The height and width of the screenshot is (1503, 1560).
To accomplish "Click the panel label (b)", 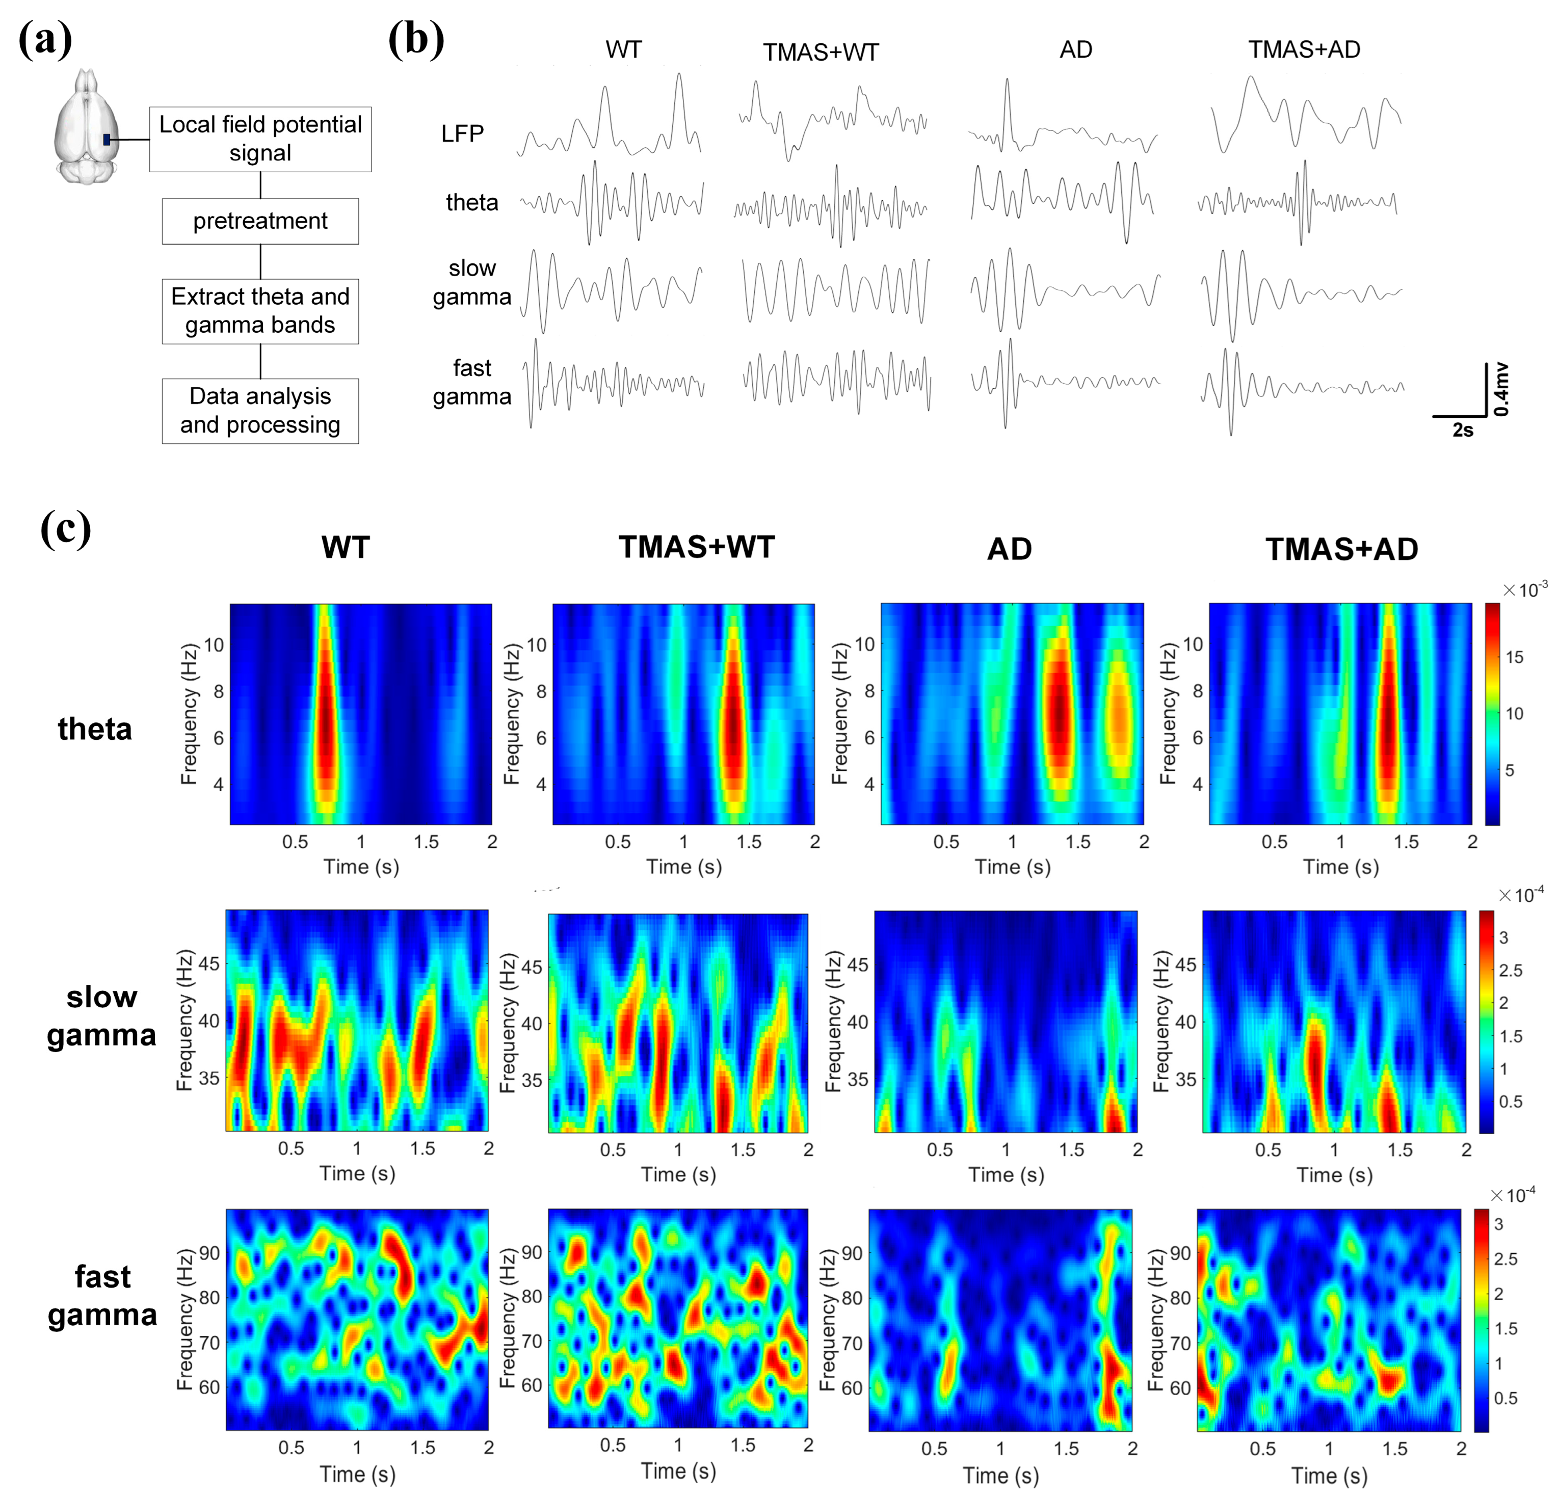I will pyautogui.click(x=415, y=40).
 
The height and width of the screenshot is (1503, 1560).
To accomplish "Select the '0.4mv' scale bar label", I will pyautogui.click(x=1500, y=389).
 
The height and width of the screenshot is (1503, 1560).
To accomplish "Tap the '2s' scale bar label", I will pyautogui.click(x=1462, y=431).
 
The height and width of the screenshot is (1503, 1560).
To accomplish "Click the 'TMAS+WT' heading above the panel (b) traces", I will pyautogui.click(x=820, y=52).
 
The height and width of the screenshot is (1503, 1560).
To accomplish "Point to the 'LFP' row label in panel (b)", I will pyautogui.click(x=462, y=133).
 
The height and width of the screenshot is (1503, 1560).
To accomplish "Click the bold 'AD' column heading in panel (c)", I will pyautogui.click(x=1009, y=549).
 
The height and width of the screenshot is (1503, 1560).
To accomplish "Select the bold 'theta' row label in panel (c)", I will pyautogui.click(x=95, y=729).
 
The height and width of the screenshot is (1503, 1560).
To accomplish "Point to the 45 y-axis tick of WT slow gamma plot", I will pyautogui.click(x=209, y=963).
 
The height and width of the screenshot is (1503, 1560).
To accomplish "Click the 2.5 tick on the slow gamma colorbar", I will pyautogui.click(x=1510, y=971).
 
